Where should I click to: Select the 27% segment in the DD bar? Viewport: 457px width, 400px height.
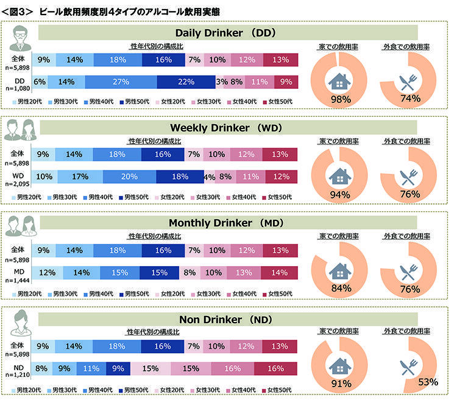click(121, 82)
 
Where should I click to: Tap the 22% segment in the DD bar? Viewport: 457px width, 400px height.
click(186, 82)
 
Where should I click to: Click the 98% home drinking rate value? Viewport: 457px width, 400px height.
click(339, 99)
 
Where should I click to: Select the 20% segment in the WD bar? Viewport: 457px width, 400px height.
click(129, 177)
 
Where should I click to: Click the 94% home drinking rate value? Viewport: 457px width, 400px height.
click(339, 195)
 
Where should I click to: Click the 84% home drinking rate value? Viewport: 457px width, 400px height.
click(339, 290)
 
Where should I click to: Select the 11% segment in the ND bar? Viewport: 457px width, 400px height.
click(91, 368)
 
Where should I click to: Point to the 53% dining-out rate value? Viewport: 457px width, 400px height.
click(428, 382)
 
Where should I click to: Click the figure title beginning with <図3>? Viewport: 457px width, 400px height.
click(110, 10)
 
